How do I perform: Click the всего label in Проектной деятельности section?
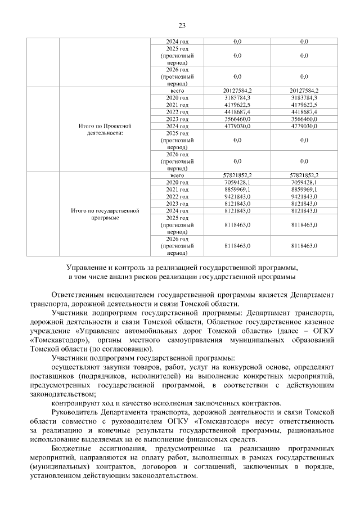177,91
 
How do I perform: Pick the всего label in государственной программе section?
177,175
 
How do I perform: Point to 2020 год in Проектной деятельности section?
177,98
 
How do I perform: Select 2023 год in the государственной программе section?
177,204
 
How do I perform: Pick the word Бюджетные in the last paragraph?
70,449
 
